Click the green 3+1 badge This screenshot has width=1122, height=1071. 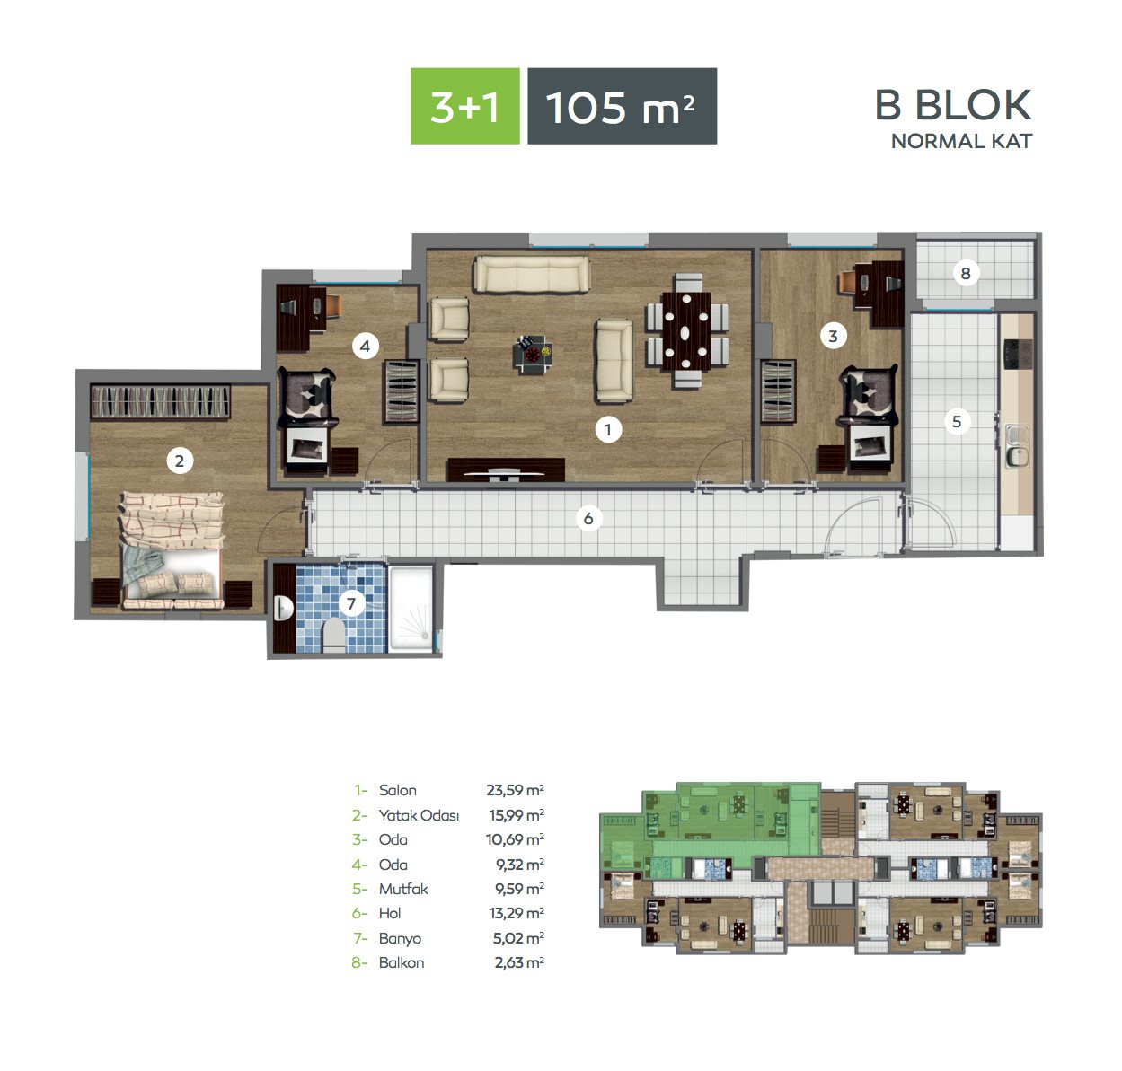point(464,106)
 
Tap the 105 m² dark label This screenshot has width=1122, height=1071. point(623,106)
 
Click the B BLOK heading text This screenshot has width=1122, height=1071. point(953,105)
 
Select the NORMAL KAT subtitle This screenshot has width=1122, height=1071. point(961,141)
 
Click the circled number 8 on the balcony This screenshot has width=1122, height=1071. point(966,273)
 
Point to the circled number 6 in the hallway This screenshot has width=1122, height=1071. point(588,519)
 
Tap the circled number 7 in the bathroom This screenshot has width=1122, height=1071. point(351,604)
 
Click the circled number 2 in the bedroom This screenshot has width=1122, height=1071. point(180,461)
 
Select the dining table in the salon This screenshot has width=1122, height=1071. point(686,331)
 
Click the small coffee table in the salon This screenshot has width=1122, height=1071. point(532,355)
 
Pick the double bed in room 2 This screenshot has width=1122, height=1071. point(172,549)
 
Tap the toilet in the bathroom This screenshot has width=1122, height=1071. point(333,635)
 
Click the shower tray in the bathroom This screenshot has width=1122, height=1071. point(411,609)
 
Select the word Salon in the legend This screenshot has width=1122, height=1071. point(397,790)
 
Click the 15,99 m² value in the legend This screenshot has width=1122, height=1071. point(516,815)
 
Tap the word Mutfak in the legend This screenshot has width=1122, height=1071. point(403,889)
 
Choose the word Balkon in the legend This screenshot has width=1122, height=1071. point(402,962)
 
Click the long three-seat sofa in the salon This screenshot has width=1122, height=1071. point(532,274)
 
